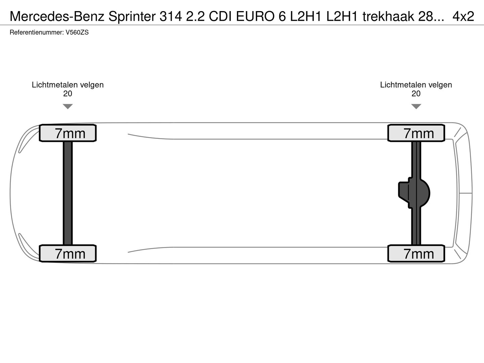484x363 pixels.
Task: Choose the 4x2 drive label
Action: (463, 16)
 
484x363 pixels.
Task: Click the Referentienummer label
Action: (37, 33)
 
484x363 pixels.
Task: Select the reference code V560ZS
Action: (77, 33)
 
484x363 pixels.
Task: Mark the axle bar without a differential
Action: (68, 193)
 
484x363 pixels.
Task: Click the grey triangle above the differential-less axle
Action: (68, 106)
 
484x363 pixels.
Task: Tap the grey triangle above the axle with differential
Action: (416, 106)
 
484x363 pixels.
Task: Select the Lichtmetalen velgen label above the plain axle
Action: (68, 85)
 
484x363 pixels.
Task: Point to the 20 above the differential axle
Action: (416, 93)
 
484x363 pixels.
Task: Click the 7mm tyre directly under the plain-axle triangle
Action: (68, 133)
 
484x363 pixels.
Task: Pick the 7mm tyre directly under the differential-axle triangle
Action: (416, 133)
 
